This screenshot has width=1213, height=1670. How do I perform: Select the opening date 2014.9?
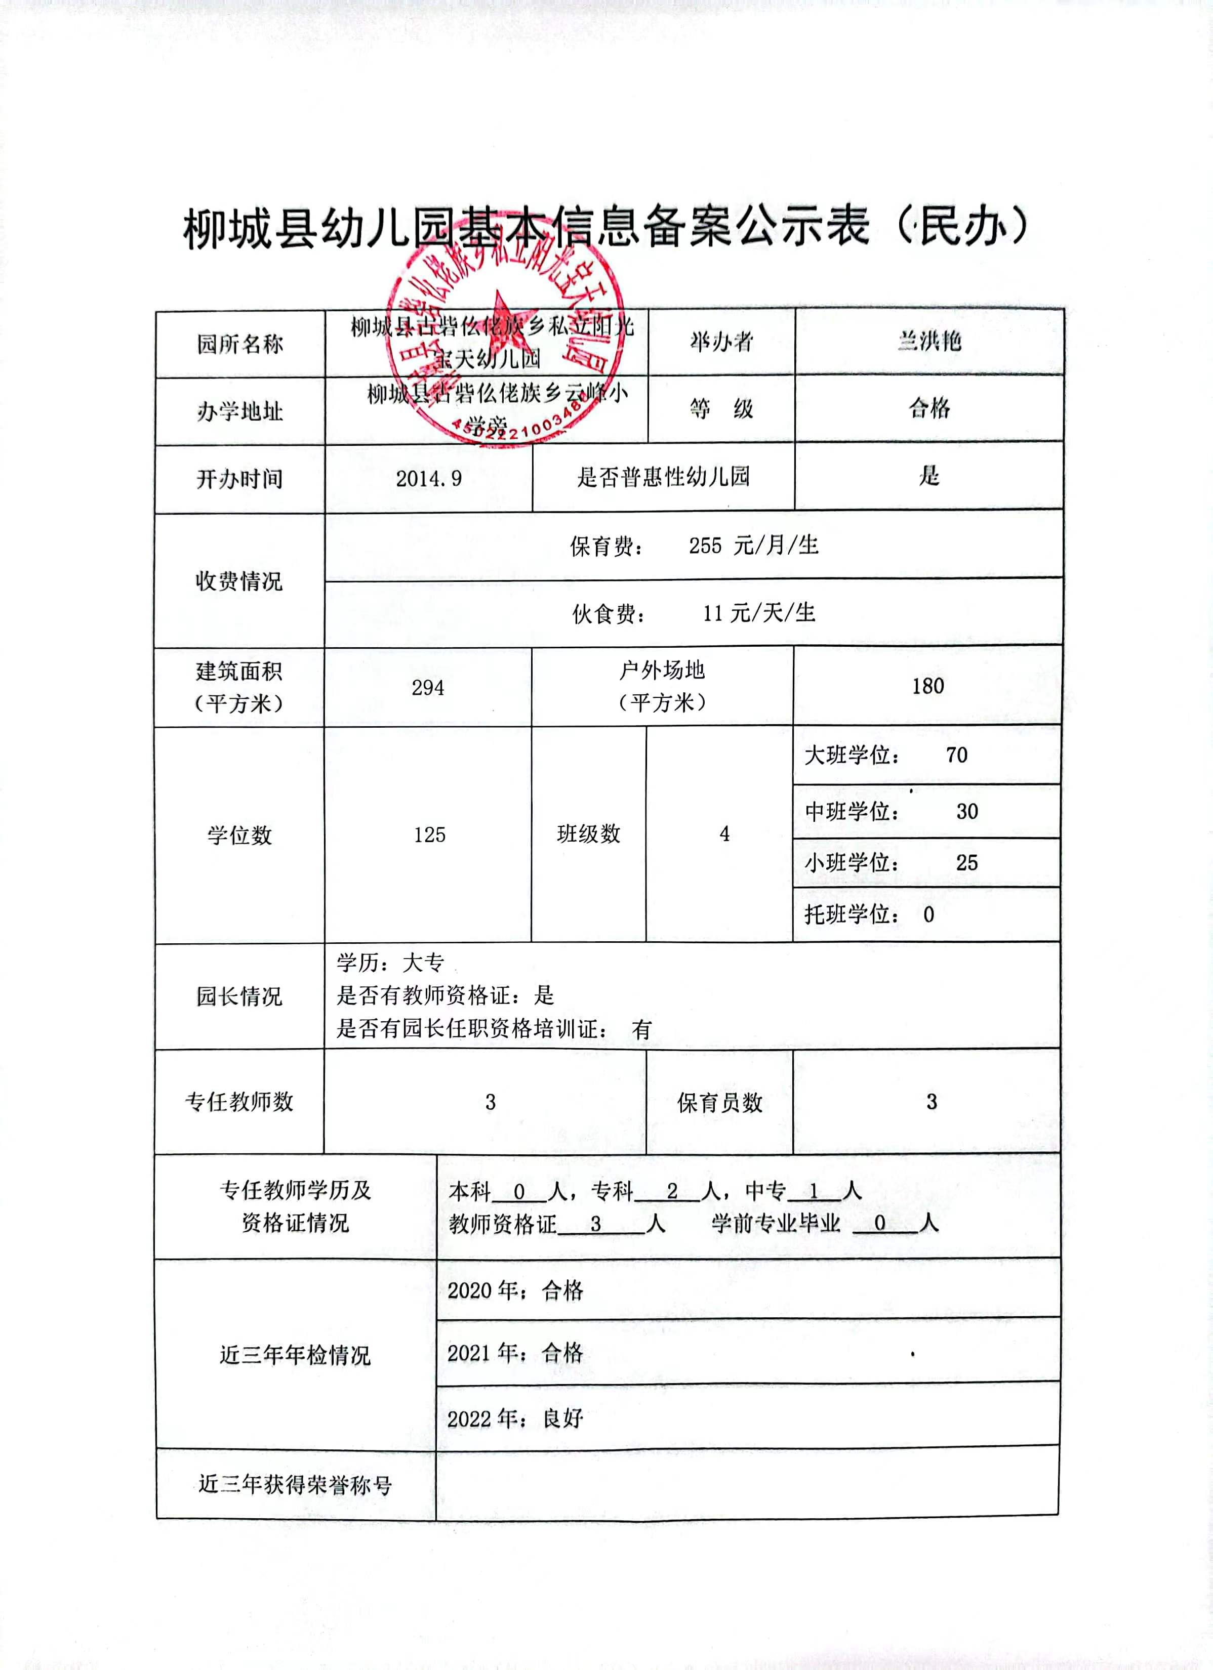click(429, 479)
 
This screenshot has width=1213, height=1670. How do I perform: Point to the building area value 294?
click(428, 688)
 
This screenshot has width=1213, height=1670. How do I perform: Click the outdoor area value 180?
click(927, 686)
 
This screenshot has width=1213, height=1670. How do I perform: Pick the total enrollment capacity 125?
click(429, 834)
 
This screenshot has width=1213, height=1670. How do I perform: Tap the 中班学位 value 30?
click(967, 811)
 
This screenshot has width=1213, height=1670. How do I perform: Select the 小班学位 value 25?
click(966, 862)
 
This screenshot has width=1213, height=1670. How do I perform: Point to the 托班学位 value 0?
click(928, 914)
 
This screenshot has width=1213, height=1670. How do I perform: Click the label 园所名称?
click(239, 344)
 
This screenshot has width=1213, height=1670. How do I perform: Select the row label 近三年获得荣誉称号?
click(295, 1484)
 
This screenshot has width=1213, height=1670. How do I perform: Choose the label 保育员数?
click(719, 1102)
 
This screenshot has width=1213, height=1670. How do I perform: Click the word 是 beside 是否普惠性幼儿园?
click(928, 476)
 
